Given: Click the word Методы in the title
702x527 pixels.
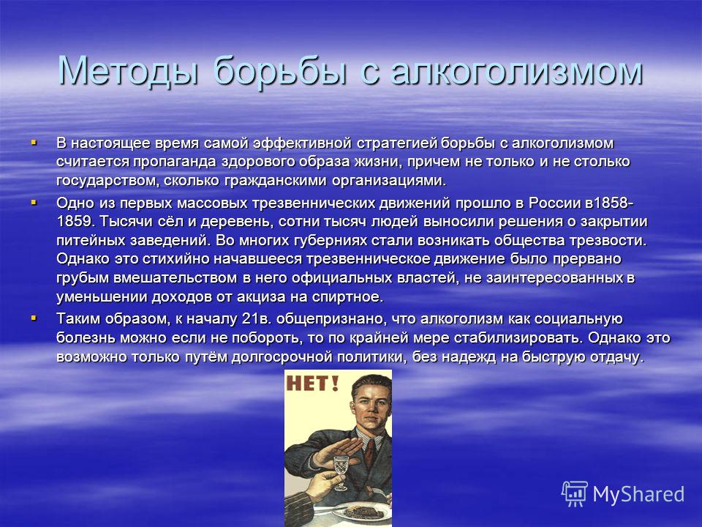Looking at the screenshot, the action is click(129, 71).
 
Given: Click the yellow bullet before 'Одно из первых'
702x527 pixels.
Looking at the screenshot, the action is click(34, 202).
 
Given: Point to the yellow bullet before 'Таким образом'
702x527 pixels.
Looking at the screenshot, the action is click(34, 318).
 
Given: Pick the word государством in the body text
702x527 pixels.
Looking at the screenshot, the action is click(107, 181).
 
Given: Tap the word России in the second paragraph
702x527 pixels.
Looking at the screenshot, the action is click(554, 203).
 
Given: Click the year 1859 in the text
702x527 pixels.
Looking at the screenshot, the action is click(73, 221).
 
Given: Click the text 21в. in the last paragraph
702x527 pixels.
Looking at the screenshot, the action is click(256, 318).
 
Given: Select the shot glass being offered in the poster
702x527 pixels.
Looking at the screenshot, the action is click(340, 471).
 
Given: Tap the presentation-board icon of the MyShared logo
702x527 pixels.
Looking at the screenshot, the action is click(575, 494).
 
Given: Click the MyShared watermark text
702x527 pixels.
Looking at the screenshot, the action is click(638, 495).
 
